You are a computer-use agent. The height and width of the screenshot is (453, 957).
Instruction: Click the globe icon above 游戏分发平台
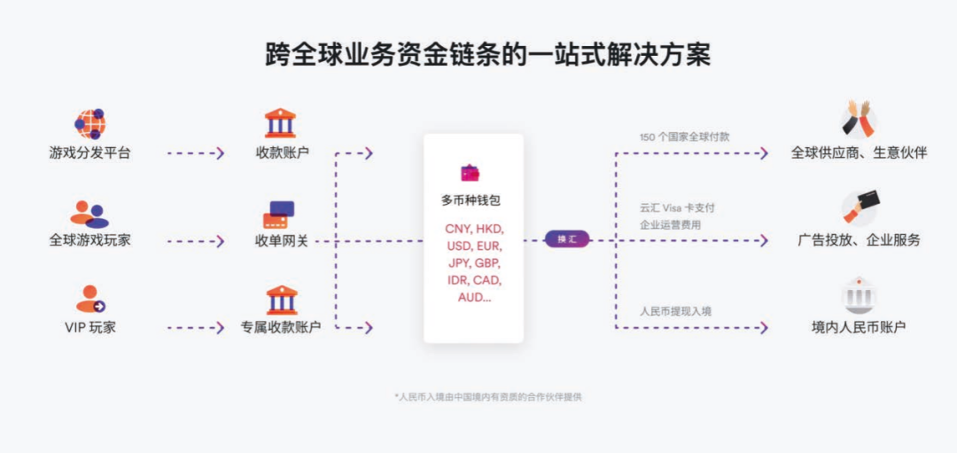[x=89, y=122]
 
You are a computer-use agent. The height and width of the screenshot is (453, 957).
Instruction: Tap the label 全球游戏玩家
[x=89, y=239]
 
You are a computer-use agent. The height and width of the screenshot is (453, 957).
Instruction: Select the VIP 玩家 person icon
[x=89, y=300]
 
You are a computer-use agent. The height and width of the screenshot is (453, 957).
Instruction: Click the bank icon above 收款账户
[x=281, y=122]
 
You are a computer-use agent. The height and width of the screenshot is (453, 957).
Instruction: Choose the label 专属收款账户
[x=281, y=327]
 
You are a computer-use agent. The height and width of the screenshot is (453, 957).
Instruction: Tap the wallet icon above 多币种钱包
[x=470, y=173]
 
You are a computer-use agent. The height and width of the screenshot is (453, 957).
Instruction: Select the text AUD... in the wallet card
[x=474, y=297]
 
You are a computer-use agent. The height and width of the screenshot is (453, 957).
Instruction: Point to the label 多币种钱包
[x=471, y=200]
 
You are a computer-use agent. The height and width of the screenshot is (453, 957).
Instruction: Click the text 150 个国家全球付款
[x=685, y=137]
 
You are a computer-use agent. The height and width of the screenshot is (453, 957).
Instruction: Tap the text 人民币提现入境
[x=675, y=310]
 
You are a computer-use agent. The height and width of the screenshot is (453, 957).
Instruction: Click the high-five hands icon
[x=858, y=118]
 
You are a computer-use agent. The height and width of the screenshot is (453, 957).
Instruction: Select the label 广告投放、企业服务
[x=859, y=239]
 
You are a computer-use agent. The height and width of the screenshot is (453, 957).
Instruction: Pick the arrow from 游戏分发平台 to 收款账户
[x=195, y=152]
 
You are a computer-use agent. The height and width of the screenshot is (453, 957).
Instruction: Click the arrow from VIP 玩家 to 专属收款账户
[x=195, y=327]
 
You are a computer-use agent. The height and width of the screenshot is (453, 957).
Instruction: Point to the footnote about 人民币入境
[x=488, y=396]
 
